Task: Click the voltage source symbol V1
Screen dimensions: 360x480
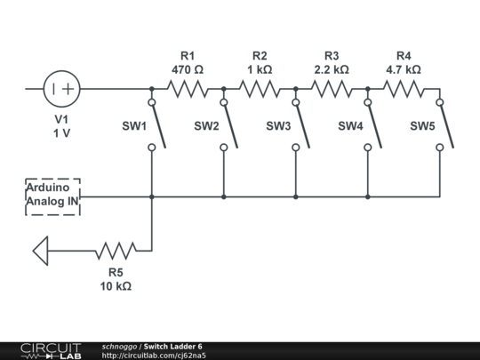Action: coord(62,89)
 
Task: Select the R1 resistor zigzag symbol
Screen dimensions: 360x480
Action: coord(188,89)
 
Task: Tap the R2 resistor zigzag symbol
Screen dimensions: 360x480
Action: coord(260,89)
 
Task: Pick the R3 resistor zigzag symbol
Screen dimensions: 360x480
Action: coord(332,89)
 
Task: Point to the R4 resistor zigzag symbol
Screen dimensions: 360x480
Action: coord(404,89)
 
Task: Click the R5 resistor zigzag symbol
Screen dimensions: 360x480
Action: coord(116,250)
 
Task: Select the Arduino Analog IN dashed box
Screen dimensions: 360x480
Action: coord(52,197)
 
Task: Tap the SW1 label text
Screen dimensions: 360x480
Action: coord(134,126)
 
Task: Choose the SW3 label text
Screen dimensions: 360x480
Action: coord(278,126)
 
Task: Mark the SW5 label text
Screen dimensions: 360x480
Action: coord(422,126)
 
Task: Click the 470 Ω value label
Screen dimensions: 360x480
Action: coord(188,68)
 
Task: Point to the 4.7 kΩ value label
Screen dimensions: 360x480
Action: coord(404,68)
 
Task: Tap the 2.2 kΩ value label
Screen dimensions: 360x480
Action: coord(332,68)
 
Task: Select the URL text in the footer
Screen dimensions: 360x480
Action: coord(154,356)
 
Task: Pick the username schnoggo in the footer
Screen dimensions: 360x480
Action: coord(119,346)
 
